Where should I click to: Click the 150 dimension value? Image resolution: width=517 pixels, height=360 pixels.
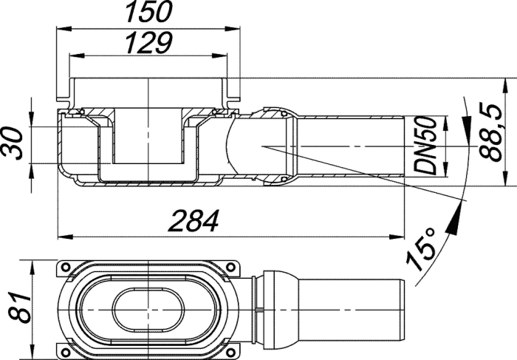coord(149,12)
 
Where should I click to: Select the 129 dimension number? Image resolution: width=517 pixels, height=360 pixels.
coord(149,42)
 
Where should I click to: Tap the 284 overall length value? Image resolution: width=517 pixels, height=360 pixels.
coord(194,220)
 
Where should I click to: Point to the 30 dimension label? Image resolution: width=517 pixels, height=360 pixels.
coord(12,144)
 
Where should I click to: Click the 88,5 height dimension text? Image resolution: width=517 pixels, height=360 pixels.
coord(491,132)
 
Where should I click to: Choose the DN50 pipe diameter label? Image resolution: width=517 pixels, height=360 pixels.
coord(425,146)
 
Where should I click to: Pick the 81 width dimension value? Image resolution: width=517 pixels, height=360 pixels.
coord(19,308)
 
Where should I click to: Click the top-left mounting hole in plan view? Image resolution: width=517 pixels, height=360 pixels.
coord(66,267)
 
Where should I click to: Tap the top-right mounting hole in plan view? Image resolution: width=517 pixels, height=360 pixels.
coord(231,267)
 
